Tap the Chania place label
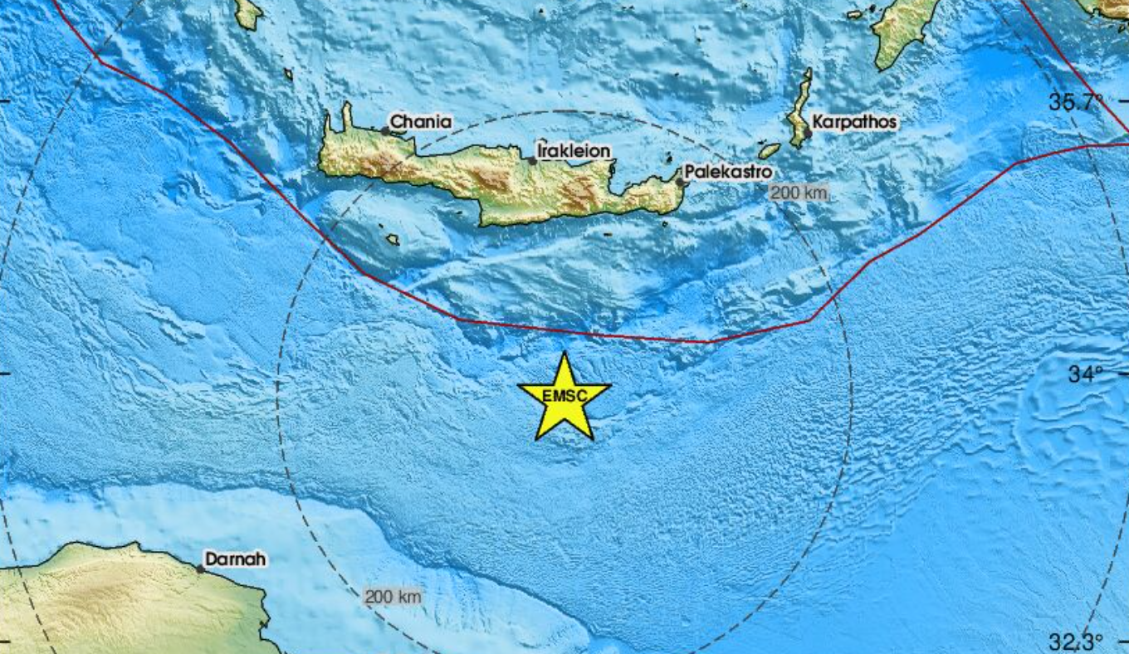point(421,123)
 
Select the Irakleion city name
point(574,151)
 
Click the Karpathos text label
point(854,123)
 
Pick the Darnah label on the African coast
point(236,560)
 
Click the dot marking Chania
point(386,130)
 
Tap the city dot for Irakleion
point(533,160)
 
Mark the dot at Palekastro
point(680,182)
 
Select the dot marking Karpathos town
point(807,133)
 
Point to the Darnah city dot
point(201,569)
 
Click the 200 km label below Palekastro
point(799,193)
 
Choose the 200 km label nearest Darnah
point(393,596)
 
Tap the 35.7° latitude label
point(1076,103)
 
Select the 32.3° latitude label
point(1076,642)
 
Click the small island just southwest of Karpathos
point(770,151)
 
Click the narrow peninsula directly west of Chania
point(345,120)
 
